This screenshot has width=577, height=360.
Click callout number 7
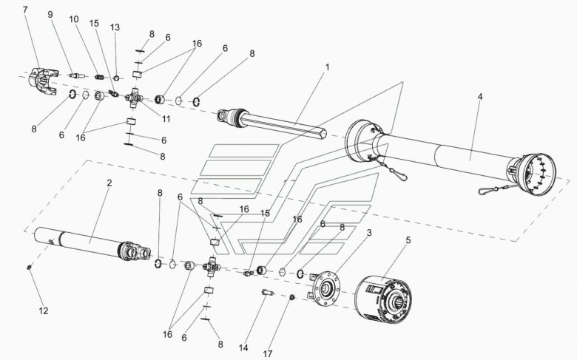coord(25,10)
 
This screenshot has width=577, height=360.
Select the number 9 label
coord(50,14)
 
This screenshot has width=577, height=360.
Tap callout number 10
coord(74,19)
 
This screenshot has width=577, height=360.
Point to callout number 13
coord(115,27)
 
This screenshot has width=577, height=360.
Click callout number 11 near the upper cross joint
coord(166,119)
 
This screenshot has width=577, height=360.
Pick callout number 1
coord(327,67)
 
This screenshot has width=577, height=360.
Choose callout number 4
coord(480,97)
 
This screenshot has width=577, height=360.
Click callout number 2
coord(109,183)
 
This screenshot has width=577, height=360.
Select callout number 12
coord(44,310)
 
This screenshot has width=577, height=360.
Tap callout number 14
coord(243,347)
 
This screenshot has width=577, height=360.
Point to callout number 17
coord(268,354)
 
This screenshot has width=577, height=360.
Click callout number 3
coord(369,233)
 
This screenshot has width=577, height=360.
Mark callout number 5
coord(408,240)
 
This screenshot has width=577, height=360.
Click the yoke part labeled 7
coord(43,81)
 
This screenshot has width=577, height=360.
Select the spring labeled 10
coord(98,77)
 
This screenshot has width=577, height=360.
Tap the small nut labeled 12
coord(29,268)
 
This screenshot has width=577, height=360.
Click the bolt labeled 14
coord(267,293)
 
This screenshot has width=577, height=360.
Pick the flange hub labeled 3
coord(325,288)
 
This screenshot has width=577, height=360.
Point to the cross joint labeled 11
coord(134,98)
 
